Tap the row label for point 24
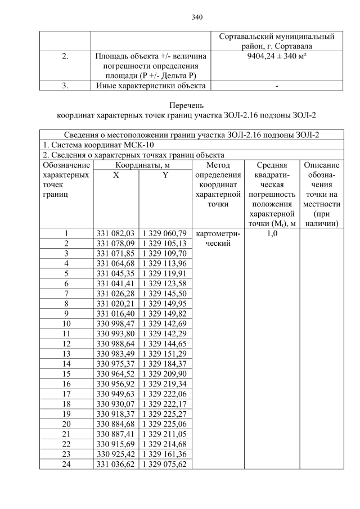tap(66, 464)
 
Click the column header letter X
tap(115, 175)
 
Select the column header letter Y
tap(165, 175)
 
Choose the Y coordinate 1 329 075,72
tap(166, 464)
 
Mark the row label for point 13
tap(66, 353)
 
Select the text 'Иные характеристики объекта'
tap(149, 85)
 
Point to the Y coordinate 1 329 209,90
tap(166, 373)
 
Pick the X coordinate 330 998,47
tap(115, 323)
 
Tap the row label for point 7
tap(66, 294)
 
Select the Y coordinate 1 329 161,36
tap(166, 454)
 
